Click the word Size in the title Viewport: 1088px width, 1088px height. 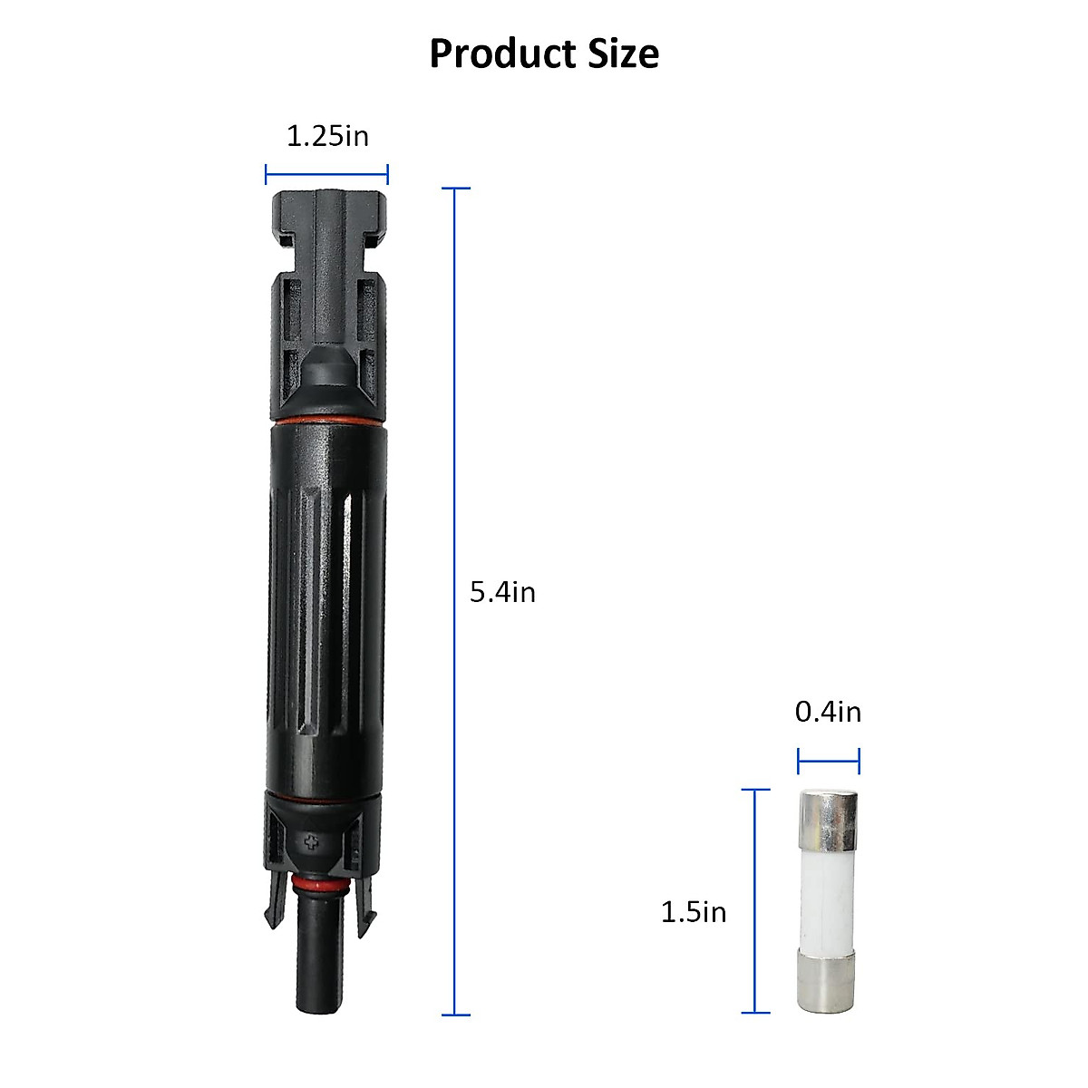621,53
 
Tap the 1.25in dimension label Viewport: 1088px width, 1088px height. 327,136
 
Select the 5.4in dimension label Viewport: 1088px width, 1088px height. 502,592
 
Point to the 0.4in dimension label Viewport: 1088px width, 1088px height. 828,712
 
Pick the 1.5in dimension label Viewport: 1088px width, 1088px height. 694,911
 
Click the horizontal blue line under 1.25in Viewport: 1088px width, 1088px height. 326,175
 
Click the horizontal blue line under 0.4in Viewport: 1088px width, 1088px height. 829,761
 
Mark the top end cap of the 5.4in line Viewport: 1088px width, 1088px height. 455,189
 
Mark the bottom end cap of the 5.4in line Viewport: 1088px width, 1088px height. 455,1015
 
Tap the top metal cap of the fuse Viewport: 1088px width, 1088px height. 828,815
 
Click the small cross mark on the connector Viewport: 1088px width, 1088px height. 314,842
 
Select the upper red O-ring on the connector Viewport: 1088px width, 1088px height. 326,422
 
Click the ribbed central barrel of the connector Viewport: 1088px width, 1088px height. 326,607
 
